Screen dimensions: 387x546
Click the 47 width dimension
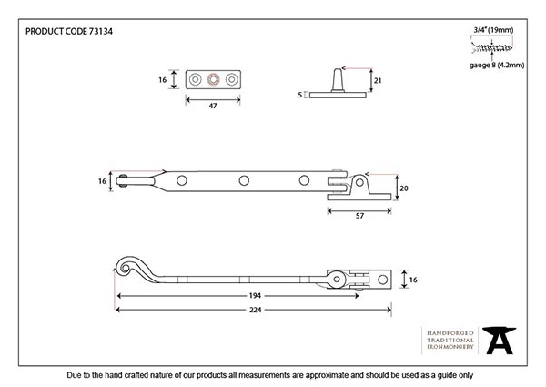pos(213,107)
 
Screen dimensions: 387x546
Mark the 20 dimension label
pos(405,189)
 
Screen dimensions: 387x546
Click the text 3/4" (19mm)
pos(492,30)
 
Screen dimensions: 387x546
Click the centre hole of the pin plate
pos(213,80)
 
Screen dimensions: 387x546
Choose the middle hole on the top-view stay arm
pos(243,181)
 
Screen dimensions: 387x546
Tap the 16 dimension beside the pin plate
pos(163,80)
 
